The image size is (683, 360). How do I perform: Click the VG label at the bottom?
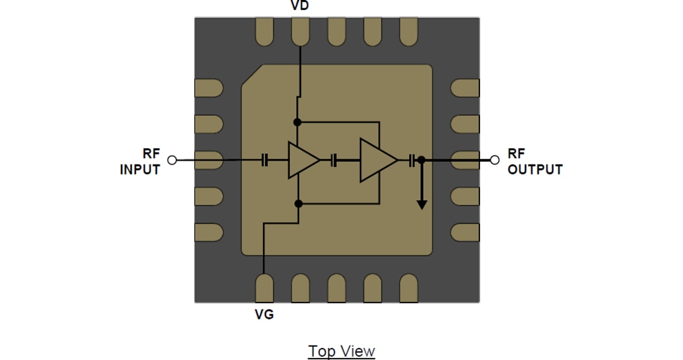[x=264, y=314]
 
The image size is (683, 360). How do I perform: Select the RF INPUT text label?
[x=140, y=161]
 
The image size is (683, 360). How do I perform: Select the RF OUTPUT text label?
[x=534, y=161]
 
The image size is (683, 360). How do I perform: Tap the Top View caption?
[x=341, y=351]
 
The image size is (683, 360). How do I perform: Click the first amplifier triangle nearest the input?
[x=302, y=161]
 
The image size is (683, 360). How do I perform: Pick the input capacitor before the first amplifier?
[x=265, y=161]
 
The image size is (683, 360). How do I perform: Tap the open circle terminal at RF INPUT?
[x=171, y=160]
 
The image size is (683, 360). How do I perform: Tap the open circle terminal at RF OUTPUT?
[x=496, y=160]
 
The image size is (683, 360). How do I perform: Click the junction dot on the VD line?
[x=297, y=121]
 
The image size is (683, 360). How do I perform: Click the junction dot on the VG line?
[x=298, y=203]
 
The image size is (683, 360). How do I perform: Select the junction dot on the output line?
[x=421, y=161]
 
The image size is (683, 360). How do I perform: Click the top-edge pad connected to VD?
[x=300, y=32]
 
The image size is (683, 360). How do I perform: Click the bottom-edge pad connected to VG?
[x=264, y=288]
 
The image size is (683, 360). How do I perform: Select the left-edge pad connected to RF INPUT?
[x=209, y=160]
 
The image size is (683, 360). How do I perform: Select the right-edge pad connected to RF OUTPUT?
[x=465, y=160]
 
